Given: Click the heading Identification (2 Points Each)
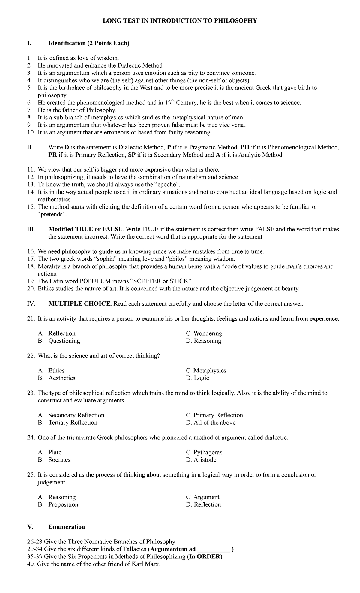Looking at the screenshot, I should (x=89, y=43).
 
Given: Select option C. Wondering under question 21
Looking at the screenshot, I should (x=204, y=333).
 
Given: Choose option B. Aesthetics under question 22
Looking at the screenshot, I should (x=57, y=378).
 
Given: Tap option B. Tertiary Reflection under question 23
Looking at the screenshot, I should (x=68, y=423).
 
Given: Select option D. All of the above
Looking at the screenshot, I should (x=211, y=423).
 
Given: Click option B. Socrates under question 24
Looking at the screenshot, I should (x=55, y=460).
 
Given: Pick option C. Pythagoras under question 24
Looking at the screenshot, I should (x=204, y=452).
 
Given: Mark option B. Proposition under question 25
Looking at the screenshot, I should (x=58, y=504).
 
